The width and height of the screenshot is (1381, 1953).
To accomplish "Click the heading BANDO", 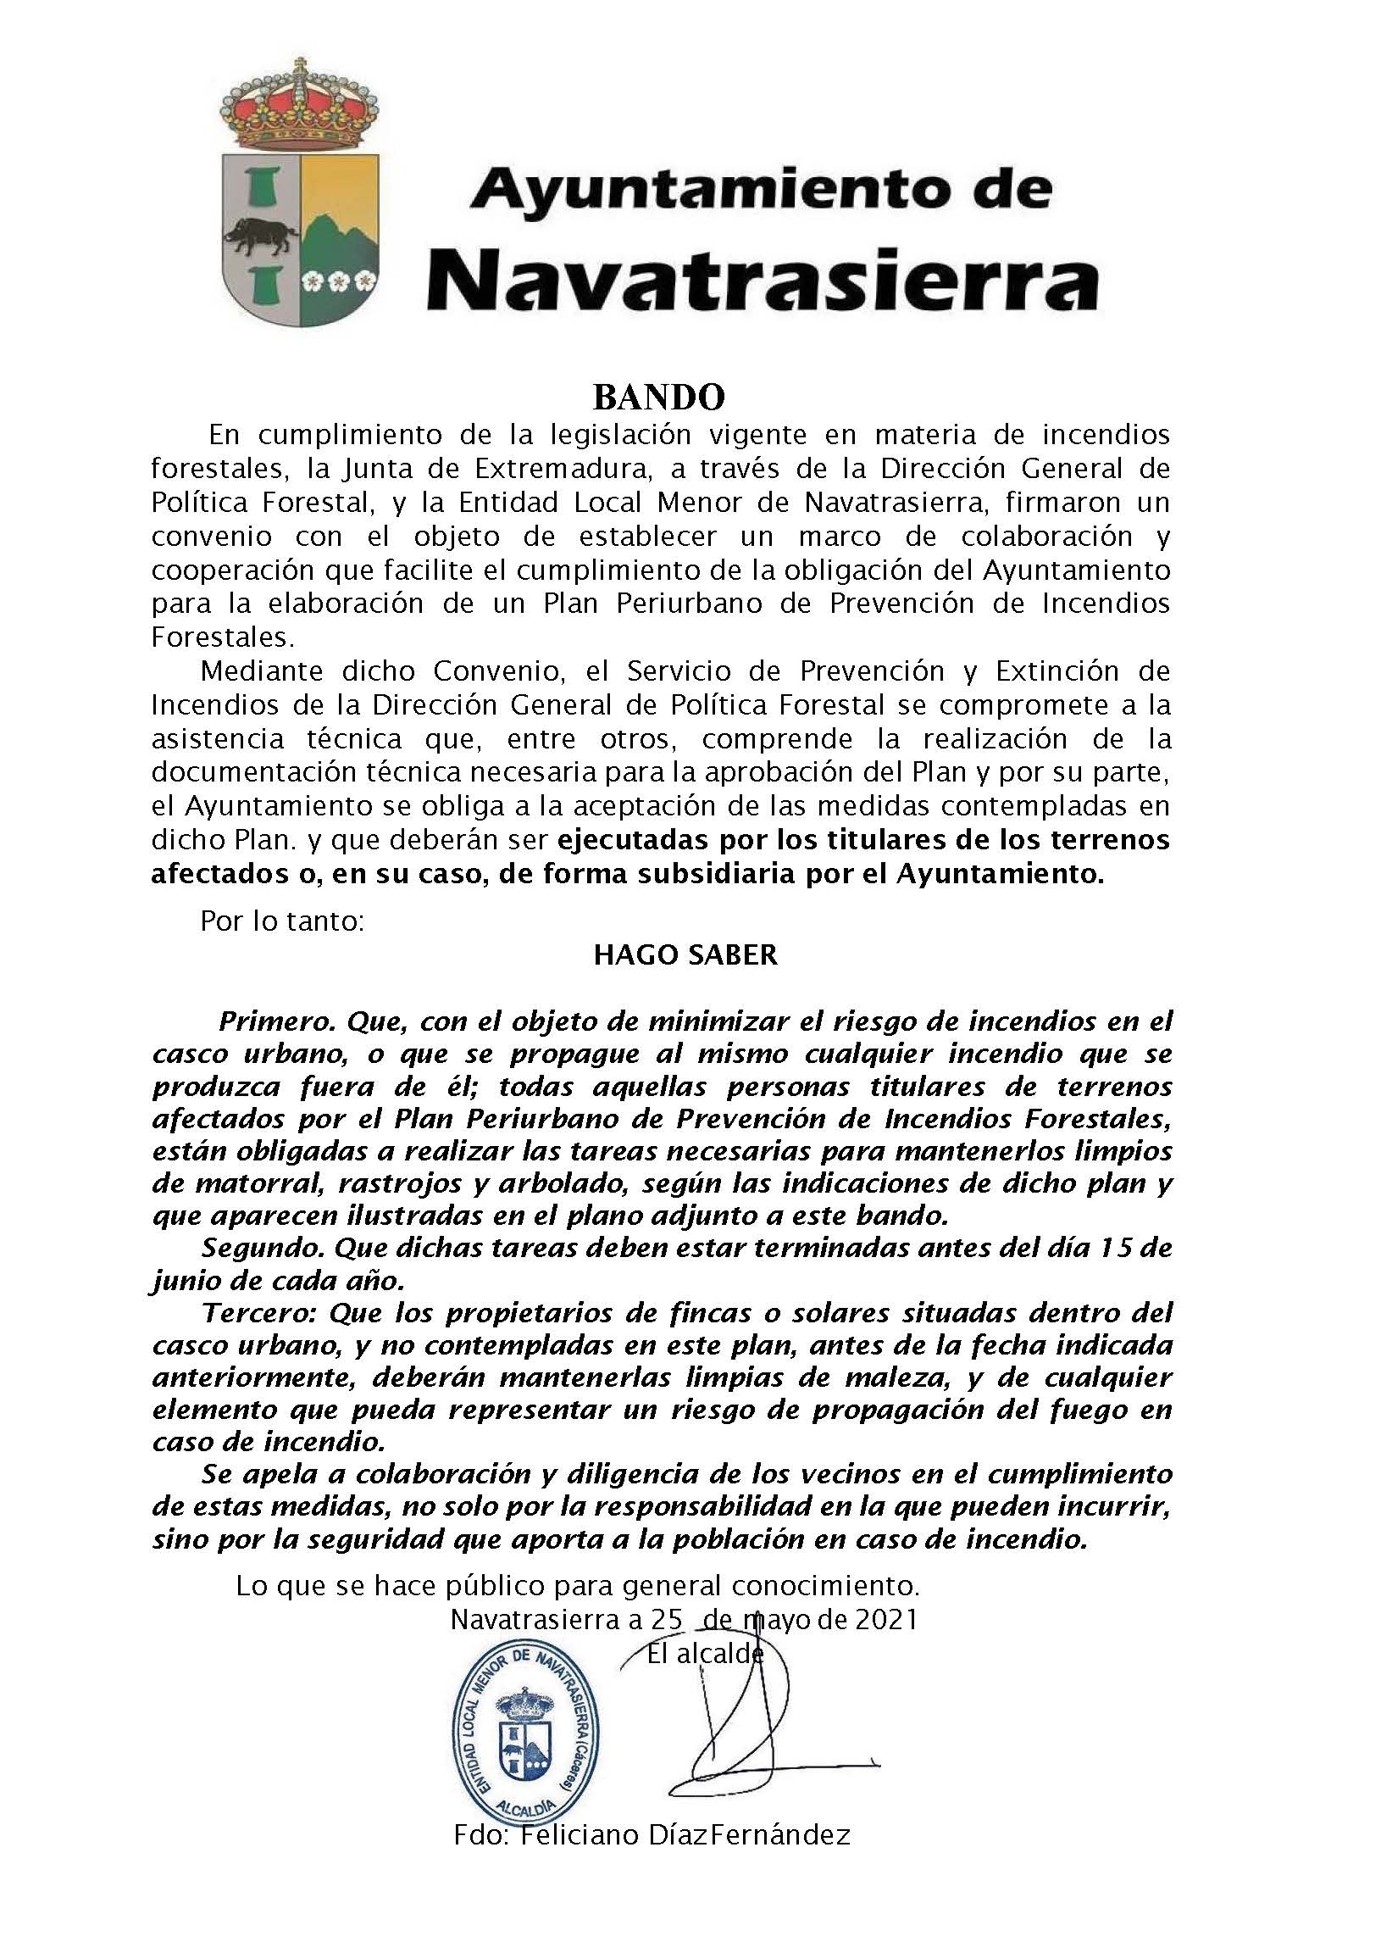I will pyautogui.click(x=658, y=397).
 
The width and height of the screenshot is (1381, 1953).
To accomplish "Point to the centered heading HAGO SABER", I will pyautogui.click(x=685, y=954).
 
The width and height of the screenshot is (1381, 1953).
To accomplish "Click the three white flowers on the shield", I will pyautogui.click(x=338, y=279).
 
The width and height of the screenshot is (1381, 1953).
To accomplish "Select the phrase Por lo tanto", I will pyautogui.click(x=283, y=921).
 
